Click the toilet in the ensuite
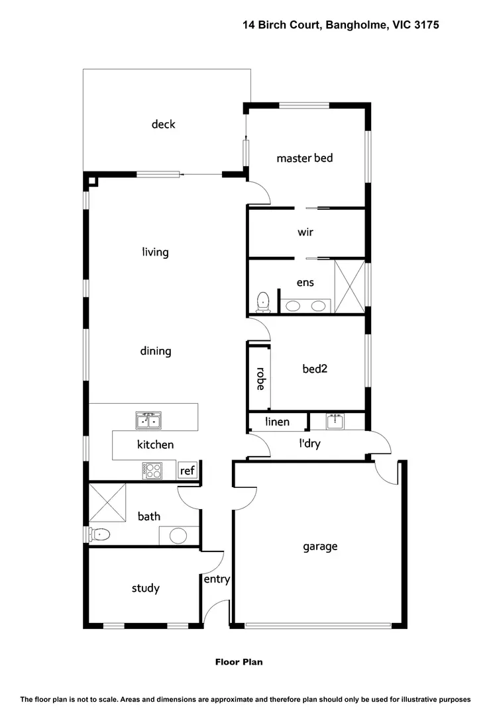[264, 301]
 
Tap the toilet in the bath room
[99, 534]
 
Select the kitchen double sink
[148, 420]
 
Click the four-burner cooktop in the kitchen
[152, 470]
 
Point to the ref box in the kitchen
[188, 471]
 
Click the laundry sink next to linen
[336, 420]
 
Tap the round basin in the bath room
[178, 535]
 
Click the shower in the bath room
[107, 503]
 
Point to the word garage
[320, 547]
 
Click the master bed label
[304, 158]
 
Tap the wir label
[305, 232]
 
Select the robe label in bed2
[260, 379]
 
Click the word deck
[163, 124]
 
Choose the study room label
[145, 588]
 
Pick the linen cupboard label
[277, 422]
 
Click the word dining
[155, 351]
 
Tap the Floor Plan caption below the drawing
[239, 661]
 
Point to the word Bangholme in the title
[356, 24]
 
